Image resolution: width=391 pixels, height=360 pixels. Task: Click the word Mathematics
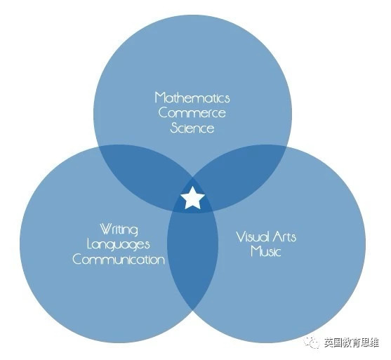(x=192, y=98)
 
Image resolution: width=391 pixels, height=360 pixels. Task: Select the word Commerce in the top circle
(x=192, y=113)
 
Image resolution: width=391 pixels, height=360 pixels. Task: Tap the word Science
(x=192, y=128)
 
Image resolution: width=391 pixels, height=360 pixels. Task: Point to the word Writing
(x=119, y=229)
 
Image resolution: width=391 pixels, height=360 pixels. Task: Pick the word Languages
(x=119, y=245)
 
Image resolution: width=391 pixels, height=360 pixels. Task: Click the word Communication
(x=119, y=260)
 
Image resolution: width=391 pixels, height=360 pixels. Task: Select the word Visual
(x=253, y=237)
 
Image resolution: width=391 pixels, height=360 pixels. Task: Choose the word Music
(x=266, y=251)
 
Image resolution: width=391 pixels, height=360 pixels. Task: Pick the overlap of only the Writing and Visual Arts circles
(x=193, y=257)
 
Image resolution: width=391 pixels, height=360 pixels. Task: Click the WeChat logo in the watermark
(x=312, y=342)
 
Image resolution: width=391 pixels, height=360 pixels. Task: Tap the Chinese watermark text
(x=352, y=342)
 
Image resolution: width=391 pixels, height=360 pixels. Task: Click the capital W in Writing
(x=106, y=229)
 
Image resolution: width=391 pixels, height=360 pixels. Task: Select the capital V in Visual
(x=240, y=237)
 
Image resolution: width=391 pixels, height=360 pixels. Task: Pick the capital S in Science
(x=174, y=128)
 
